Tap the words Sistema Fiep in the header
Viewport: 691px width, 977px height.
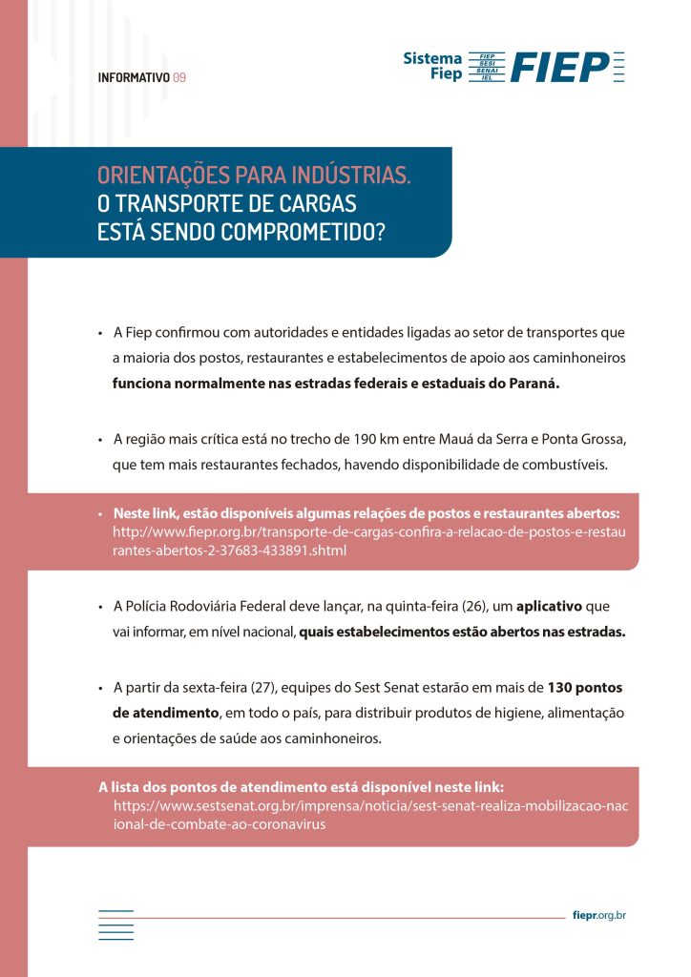[x=433, y=65]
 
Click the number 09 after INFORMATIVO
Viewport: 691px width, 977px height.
[x=179, y=78]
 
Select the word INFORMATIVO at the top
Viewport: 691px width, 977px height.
[x=134, y=78]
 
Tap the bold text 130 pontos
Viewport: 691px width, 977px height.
[x=584, y=687]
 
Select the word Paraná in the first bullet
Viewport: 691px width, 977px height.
[x=535, y=385]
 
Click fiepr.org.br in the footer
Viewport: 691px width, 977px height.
[x=599, y=916]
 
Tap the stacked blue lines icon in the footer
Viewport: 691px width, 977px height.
[x=115, y=924]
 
